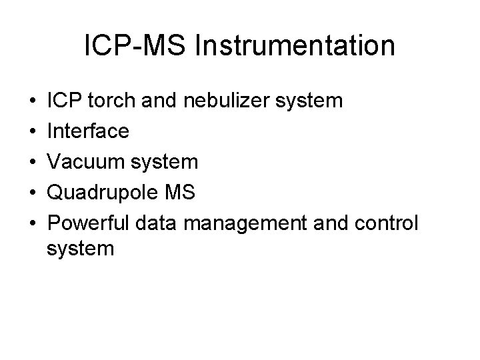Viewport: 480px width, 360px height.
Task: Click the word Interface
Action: (88, 132)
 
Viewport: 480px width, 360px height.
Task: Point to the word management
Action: (249, 222)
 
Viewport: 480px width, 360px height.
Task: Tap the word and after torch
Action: (151, 103)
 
